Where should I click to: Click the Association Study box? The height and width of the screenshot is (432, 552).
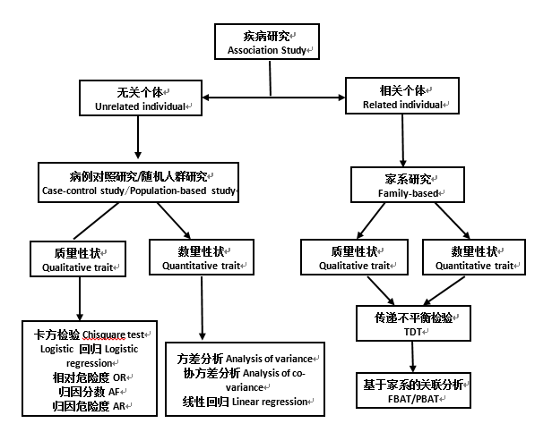[266, 42]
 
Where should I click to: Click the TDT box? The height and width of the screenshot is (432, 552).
[411, 323]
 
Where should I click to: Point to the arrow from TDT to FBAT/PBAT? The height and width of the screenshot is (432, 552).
[411, 355]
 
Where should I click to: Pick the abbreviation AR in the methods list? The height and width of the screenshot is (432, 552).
[121, 406]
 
